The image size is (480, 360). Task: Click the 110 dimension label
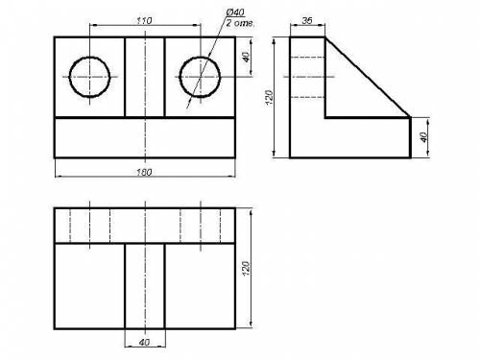click(x=144, y=21)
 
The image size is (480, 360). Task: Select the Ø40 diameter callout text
click(x=235, y=12)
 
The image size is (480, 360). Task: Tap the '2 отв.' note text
click(x=240, y=23)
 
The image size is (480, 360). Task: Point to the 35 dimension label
click(x=307, y=21)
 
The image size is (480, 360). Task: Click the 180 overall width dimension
click(x=144, y=173)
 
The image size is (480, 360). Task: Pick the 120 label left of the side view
click(x=270, y=98)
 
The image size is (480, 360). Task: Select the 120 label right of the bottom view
click(x=246, y=269)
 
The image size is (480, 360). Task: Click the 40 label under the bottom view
click(x=144, y=343)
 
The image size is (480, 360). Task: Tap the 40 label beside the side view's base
click(x=423, y=137)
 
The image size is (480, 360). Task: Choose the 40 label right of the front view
click(x=246, y=57)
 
